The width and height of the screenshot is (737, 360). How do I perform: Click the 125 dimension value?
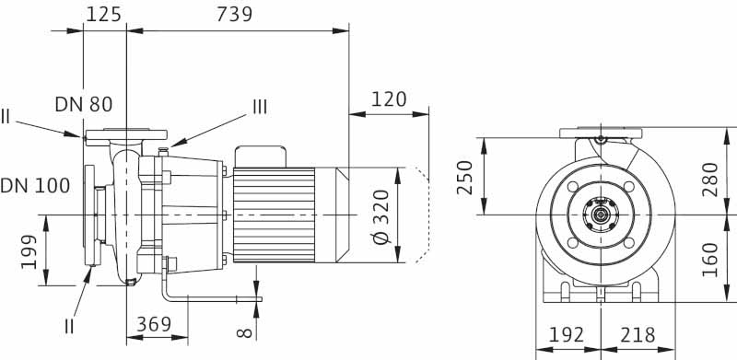pos(103,14)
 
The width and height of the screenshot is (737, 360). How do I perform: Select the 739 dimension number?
pos(234,14)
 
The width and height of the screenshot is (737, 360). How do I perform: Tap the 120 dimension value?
pos(389,99)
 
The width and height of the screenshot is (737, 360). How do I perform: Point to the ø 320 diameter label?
pos(382,215)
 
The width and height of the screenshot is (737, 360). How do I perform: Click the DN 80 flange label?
pos(84,104)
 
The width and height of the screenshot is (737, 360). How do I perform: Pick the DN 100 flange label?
pos(35,186)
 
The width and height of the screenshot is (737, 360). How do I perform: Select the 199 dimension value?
pos(29,251)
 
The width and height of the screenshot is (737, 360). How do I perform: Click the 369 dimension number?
pos(154,324)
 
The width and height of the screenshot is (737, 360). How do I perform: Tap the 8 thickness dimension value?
pos(245,333)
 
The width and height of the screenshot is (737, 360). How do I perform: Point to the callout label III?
pos(260,107)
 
